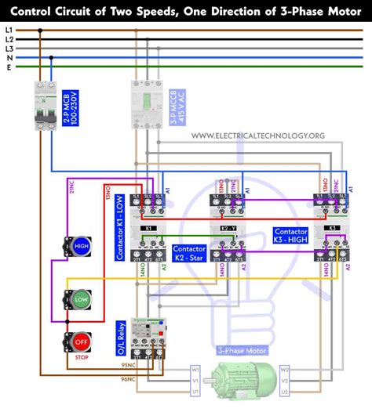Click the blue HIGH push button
point(81,246)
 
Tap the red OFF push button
point(81,342)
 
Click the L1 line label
point(9,29)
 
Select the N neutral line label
point(9,57)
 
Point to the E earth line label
point(9,67)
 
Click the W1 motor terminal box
point(195,368)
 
